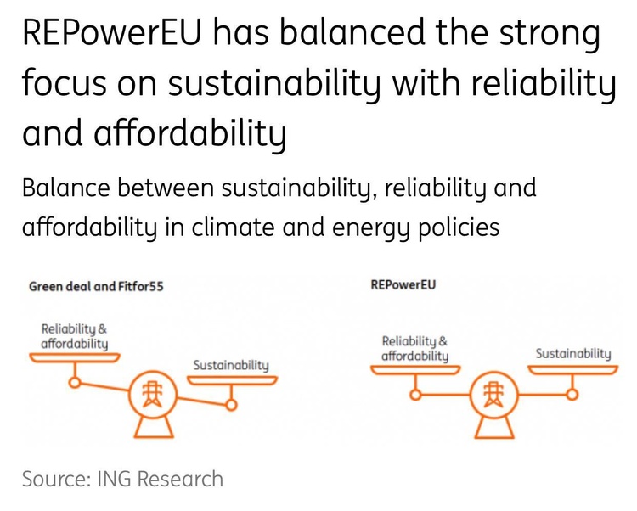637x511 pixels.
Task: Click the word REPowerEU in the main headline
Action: pyautogui.click(x=112, y=32)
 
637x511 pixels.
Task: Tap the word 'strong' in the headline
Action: pyautogui.click(x=550, y=36)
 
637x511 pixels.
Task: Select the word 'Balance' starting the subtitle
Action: pyautogui.click(x=65, y=188)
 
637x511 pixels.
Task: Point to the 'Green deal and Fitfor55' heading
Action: pyautogui.click(x=96, y=287)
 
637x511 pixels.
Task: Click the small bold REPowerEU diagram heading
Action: pyautogui.click(x=403, y=284)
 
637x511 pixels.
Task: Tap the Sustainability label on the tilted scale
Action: pyautogui.click(x=231, y=366)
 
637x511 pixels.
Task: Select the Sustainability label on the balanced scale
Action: pyautogui.click(x=572, y=354)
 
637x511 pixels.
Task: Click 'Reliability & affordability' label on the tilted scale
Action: pyautogui.click(x=75, y=336)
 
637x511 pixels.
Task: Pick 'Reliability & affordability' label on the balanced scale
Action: pyautogui.click(x=414, y=349)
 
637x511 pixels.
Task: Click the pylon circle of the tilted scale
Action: pyautogui.click(x=153, y=394)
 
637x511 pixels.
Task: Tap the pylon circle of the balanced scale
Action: pyautogui.click(x=493, y=394)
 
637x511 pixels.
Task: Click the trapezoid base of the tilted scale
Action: pyautogui.click(x=154, y=427)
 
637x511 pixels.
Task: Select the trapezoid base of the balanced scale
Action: pyautogui.click(x=494, y=427)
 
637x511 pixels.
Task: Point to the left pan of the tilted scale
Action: pyautogui.click(x=75, y=357)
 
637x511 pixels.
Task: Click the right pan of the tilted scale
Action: pyautogui.click(x=232, y=380)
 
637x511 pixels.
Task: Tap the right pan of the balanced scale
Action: pyautogui.click(x=572, y=369)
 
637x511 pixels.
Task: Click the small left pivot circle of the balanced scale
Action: pyautogui.click(x=414, y=394)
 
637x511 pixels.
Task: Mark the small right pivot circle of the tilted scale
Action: pyautogui.click(x=231, y=405)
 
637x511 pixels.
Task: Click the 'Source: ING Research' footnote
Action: pyautogui.click(x=122, y=479)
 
